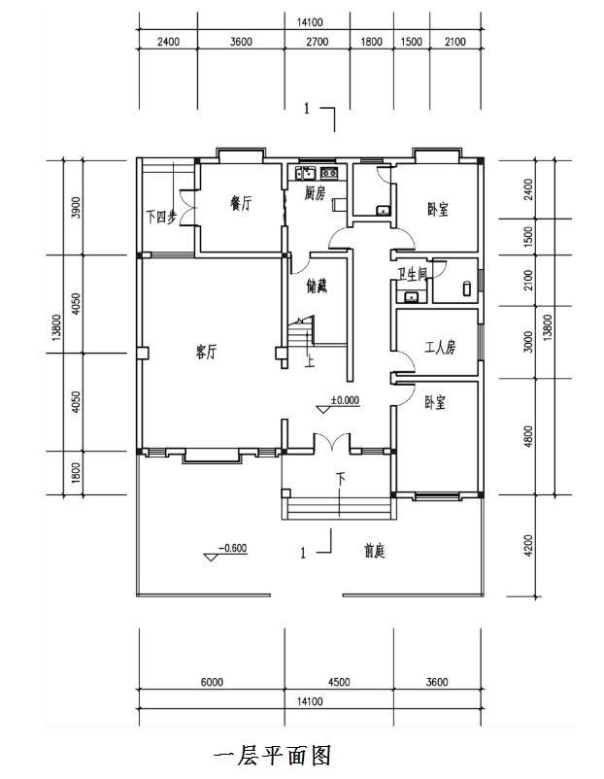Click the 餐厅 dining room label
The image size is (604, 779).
[x=241, y=204]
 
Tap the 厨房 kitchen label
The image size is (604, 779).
[x=314, y=194]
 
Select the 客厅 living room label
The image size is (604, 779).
[x=205, y=353]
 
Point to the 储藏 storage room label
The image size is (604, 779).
[x=317, y=287]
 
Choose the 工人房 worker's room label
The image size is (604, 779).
[x=440, y=348]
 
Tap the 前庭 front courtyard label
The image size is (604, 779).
[x=375, y=551]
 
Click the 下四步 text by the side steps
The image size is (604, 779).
[x=161, y=217]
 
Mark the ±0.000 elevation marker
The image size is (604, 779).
[x=341, y=400]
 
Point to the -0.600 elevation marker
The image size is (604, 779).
[x=230, y=549]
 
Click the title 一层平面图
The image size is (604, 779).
[x=273, y=755]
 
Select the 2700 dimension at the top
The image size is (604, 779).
[x=319, y=42]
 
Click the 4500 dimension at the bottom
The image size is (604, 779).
[x=339, y=682]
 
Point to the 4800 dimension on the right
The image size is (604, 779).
[x=528, y=436]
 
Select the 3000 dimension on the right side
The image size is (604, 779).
[x=528, y=342]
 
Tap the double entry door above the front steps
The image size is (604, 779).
[x=333, y=443]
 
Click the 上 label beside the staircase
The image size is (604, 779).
[x=310, y=363]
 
